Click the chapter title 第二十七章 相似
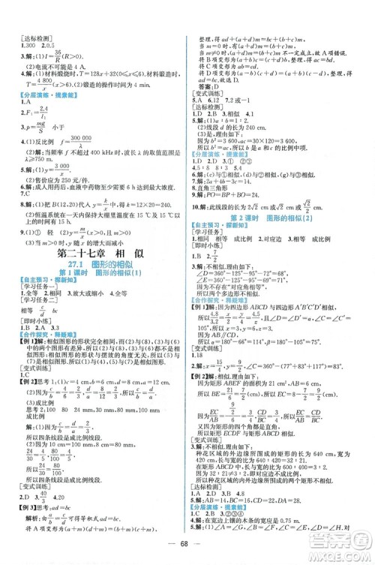(95, 257)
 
